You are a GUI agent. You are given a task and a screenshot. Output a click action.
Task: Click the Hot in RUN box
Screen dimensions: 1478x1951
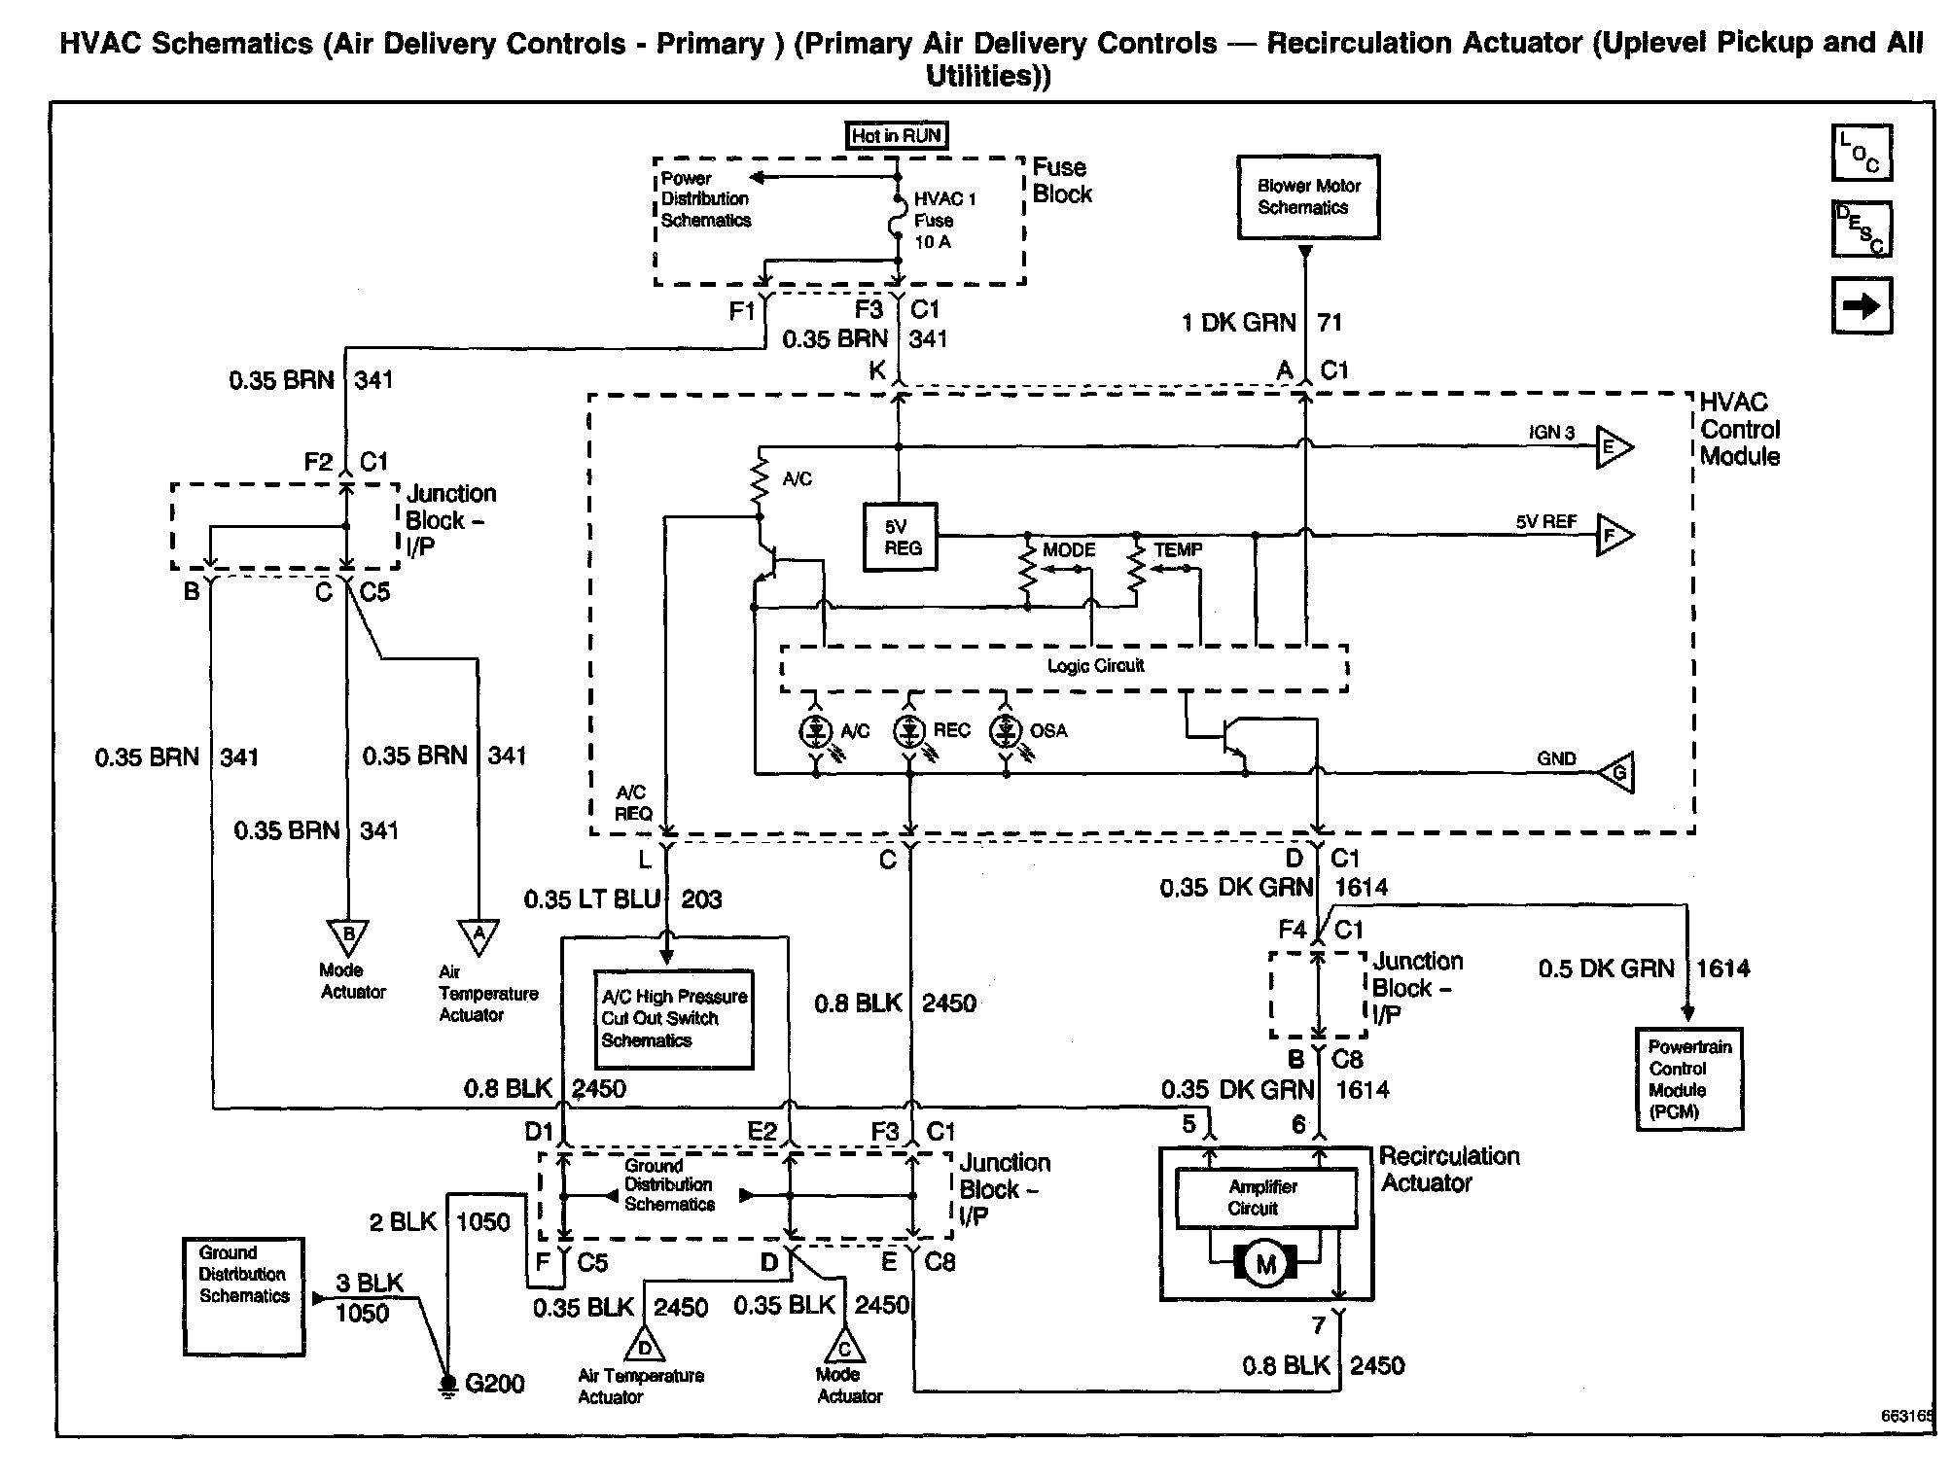tap(897, 136)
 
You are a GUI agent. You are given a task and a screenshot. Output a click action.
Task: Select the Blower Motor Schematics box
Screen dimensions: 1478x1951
tap(1307, 197)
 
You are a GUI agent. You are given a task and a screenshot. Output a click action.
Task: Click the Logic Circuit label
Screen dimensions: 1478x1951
tap(1095, 666)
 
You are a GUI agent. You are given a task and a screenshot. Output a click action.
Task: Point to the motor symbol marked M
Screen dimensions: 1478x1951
tap(1265, 1264)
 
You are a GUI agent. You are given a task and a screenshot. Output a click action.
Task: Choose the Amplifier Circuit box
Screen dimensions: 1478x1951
tap(1265, 1198)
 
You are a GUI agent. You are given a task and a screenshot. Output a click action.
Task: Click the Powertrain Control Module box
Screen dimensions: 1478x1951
tap(1689, 1079)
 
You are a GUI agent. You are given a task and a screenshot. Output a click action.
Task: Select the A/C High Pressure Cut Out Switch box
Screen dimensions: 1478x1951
tap(674, 1019)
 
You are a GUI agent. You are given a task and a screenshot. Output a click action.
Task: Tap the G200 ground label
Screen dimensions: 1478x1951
tap(494, 1384)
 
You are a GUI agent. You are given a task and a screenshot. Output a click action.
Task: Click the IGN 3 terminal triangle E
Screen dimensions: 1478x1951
tap(1612, 447)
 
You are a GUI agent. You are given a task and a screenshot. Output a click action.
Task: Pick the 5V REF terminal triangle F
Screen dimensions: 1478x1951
tap(1612, 535)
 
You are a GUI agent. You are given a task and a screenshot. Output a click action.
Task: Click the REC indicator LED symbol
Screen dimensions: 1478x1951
tap(909, 731)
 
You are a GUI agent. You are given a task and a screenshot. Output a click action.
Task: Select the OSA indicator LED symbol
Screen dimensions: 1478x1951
tap(1006, 731)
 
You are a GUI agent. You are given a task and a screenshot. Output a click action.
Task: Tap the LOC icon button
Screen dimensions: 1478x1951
tap(1862, 154)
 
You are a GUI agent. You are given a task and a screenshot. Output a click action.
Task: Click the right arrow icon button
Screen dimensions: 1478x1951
tap(1862, 306)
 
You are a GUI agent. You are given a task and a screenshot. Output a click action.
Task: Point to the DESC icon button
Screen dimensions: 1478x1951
tap(1862, 229)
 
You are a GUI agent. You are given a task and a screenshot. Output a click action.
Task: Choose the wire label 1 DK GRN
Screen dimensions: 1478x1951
tap(1239, 323)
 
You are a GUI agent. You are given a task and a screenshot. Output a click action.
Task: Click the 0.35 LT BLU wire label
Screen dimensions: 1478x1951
tap(592, 899)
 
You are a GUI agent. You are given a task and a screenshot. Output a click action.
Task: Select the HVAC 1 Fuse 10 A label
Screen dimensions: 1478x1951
tap(944, 221)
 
